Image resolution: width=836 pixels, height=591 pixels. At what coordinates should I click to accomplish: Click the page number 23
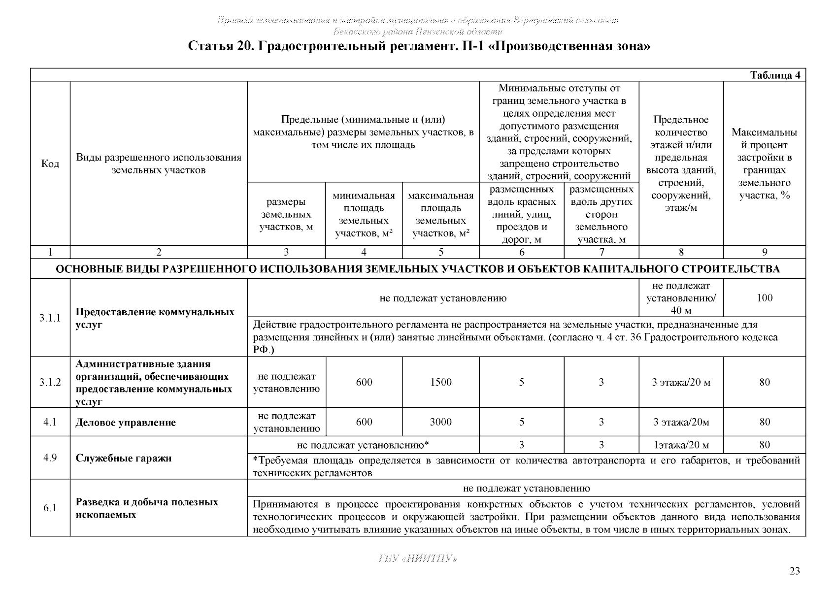[794, 571]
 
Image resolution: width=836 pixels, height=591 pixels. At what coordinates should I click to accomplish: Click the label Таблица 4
[777, 75]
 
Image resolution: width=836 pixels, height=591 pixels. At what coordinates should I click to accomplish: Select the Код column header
[50, 164]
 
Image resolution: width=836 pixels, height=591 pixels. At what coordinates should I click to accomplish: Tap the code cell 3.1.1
[50, 318]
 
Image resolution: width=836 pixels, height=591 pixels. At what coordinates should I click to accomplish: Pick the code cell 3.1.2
[50, 382]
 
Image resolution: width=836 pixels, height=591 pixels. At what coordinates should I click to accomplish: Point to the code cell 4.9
[50, 458]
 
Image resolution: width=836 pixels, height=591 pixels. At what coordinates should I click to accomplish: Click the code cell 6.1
[50, 508]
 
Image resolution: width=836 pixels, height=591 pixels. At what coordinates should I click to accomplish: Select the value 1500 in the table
[440, 382]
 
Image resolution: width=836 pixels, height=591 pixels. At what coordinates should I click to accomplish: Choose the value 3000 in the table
[440, 422]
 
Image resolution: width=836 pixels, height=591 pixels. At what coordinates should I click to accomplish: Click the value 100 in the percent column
[764, 297]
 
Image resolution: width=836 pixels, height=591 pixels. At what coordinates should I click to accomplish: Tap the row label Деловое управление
[126, 423]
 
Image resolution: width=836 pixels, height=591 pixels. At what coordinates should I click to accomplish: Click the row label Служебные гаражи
[124, 458]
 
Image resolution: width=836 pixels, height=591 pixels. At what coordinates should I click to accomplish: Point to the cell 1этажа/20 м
[681, 445]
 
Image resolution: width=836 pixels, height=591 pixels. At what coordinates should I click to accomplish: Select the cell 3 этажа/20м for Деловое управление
[681, 422]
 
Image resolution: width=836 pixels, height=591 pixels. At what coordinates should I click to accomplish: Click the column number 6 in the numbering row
[522, 252]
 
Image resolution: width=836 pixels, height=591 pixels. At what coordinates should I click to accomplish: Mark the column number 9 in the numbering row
[764, 252]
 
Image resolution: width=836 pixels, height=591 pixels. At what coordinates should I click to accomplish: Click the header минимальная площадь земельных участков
[364, 215]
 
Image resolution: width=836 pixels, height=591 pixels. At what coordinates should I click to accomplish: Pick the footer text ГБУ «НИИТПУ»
[418, 558]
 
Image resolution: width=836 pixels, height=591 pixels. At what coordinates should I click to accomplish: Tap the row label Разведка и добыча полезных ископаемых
[147, 508]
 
